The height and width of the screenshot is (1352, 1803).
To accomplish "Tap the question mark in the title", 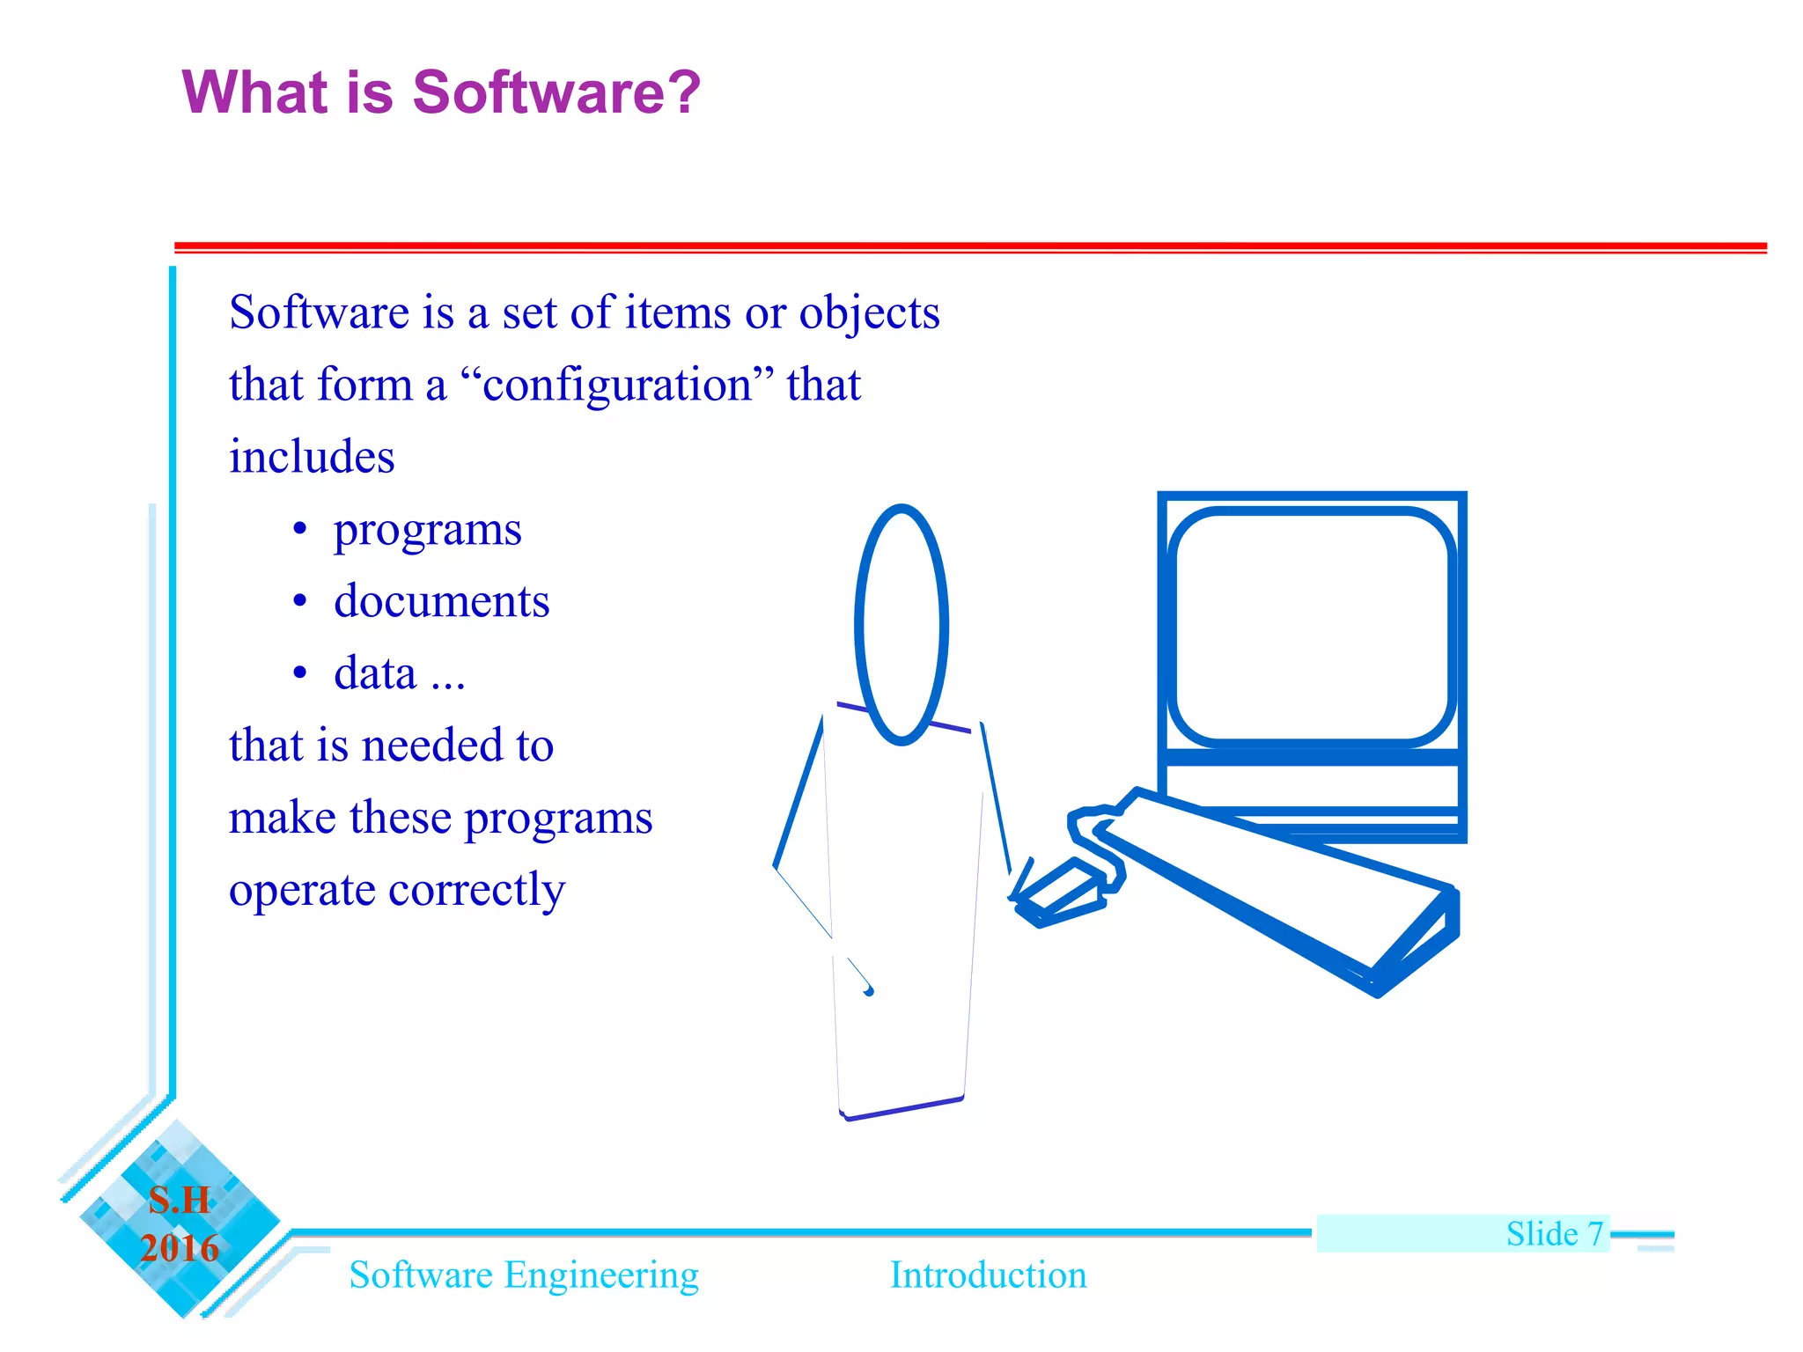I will click(x=682, y=92).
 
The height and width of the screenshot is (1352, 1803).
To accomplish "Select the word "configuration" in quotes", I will click(x=616, y=386).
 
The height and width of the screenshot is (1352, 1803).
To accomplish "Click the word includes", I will click(x=312, y=458).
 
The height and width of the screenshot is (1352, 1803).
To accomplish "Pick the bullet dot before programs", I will click(x=300, y=530).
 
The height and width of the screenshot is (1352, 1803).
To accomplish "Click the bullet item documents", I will click(x=441, y=602).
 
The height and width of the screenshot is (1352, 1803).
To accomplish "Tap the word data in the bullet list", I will click(x=375, y=674).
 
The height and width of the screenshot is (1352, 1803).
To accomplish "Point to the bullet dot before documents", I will click(x=300, y=602).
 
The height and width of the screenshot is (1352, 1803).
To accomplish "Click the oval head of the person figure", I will click(x=901, y=623).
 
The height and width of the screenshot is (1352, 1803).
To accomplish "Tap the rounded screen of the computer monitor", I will click(x=1312, y=627).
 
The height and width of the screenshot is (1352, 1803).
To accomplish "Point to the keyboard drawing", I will click(x=1277, y=889).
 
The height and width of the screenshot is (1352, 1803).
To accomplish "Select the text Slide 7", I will click(x=1554, y=1234).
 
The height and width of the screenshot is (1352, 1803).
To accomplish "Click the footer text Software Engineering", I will click(x=524, y=1275).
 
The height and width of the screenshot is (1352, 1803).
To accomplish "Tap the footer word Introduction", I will click(x=988, y=1275).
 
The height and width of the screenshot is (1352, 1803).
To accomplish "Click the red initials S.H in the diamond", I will click(x=180, y=1201).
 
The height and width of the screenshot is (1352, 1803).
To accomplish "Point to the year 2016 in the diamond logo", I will click(x=180, y=1248).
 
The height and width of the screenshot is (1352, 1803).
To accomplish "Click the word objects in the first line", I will click(x=869, y=313).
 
